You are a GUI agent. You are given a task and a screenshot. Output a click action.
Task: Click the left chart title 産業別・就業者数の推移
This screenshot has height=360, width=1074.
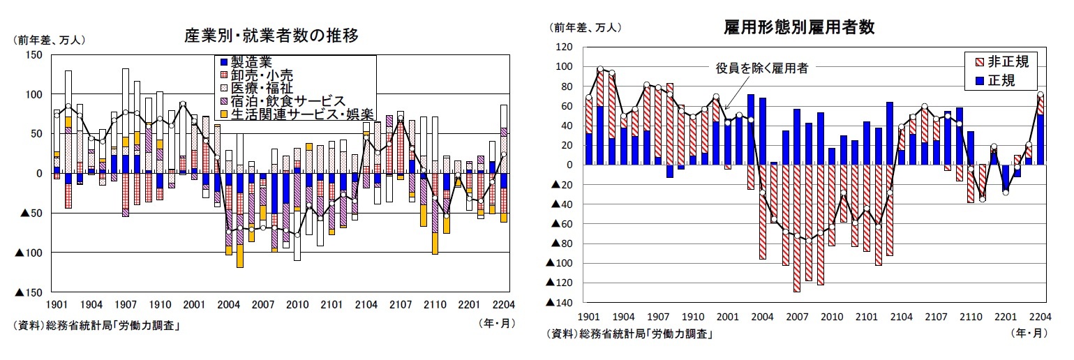pos(271,34)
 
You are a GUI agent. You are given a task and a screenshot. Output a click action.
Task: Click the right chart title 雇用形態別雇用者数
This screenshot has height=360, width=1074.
pos(799,27)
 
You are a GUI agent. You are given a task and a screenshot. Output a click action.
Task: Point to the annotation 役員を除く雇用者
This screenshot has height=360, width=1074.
pos(761,68)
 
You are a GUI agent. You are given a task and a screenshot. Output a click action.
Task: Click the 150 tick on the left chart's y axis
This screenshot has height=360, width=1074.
pos(33,55)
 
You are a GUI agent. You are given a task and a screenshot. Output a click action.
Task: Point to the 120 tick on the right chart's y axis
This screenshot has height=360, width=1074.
pos(563,47)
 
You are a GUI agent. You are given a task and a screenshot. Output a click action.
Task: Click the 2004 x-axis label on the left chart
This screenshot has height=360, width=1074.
pos(228,305)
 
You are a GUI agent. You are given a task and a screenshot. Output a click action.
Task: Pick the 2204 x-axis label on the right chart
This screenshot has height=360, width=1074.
pos(1040,316)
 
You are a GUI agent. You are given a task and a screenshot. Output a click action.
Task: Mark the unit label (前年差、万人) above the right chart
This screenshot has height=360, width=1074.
pos(586,28)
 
